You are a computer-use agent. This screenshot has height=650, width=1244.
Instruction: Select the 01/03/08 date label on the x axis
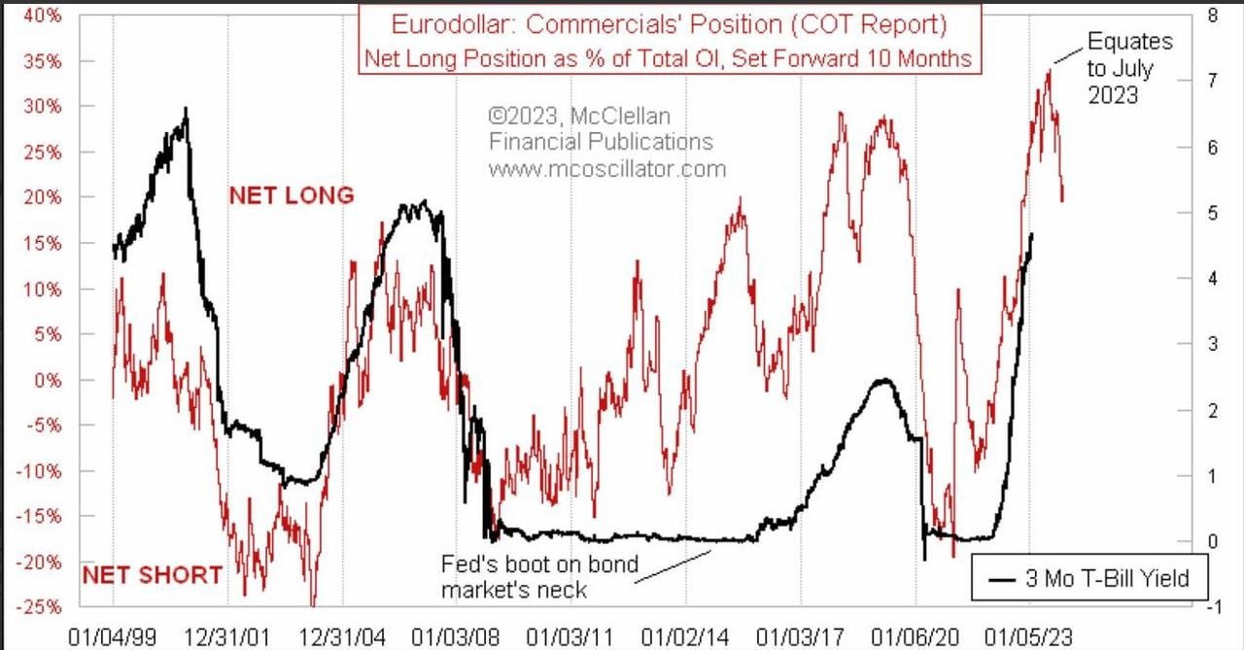[455, 635]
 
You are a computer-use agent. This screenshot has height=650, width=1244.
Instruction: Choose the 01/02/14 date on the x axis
[685, 635]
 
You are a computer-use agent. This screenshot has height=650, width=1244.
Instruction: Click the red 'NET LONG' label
[292, 195]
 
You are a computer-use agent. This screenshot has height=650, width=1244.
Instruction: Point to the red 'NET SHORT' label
[152, 574]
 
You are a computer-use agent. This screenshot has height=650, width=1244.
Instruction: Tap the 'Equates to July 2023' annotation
[1127, 69]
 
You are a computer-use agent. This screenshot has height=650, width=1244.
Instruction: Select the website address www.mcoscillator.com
[606, 169]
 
